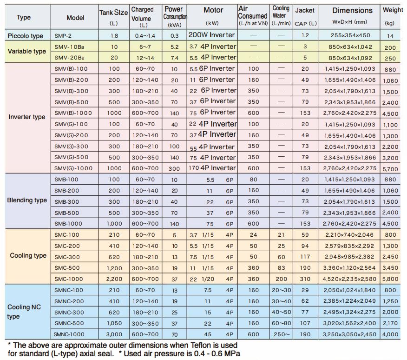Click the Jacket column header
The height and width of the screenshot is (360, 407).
(x=305, y=17)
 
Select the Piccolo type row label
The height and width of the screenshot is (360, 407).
(x=26, y=36)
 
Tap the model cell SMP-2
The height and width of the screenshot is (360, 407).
(x=63, y=36)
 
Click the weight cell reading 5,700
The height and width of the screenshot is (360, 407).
(x=390, y=169)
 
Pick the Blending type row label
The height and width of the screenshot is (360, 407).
(x=27, y=200)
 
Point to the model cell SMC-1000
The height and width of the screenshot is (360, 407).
(x=68, y=279)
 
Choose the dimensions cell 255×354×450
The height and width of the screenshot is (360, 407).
(x=350, y=35)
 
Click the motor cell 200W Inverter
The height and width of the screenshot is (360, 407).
(x=211, y=35)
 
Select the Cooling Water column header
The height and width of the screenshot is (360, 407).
(x=281, y=16)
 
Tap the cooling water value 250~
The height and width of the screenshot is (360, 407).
(x=282, y=334)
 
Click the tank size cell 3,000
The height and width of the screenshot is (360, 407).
(x=114, y=334)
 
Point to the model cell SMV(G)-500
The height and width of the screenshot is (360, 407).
(x=72, y=157)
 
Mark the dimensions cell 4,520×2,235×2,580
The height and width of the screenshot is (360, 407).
(x=349, y=279)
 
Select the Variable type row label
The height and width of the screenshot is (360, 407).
(x=27, y=51)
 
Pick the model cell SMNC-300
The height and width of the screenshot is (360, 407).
(x=69, y=313)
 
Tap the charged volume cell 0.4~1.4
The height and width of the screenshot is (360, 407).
(x=145, y=36)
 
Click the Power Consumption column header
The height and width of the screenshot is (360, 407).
(x=175, y=17)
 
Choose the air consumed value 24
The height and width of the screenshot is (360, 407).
(x=253, y=235)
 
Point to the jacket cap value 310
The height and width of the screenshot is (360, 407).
(x=305, y=279)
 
